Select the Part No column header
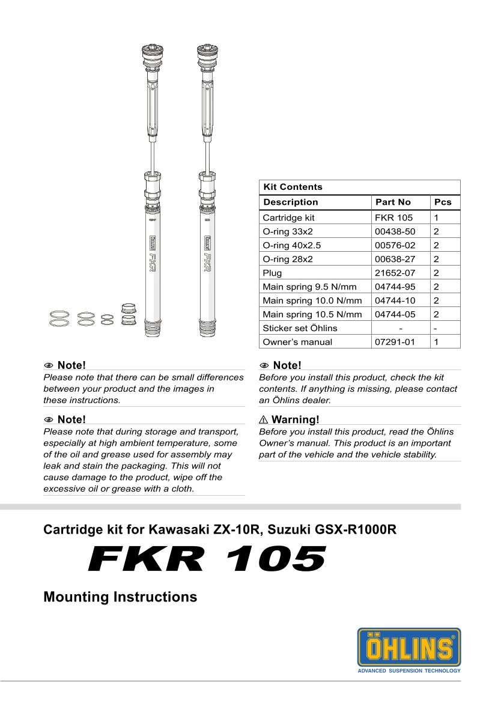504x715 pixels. [x=393, y=202]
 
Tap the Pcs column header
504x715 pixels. [x=443, y=202]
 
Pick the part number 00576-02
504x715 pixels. [x=395, y=245]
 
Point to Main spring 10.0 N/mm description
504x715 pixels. [x=312, y=300]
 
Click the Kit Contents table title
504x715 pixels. [x=293, y=187]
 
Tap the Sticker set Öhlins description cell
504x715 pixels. [x=300, y=328]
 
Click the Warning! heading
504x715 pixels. [x=295, y=419]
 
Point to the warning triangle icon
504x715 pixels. [x=264, y=419]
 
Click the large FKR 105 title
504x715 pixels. [x=207, y=559]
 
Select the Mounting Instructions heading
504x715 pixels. [x=120, y=597]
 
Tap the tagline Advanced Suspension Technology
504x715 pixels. [x=409, y=671]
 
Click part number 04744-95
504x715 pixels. [x=395, y=287]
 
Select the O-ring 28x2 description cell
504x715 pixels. [x=288, y=259]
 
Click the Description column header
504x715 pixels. [x=291, y=202]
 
